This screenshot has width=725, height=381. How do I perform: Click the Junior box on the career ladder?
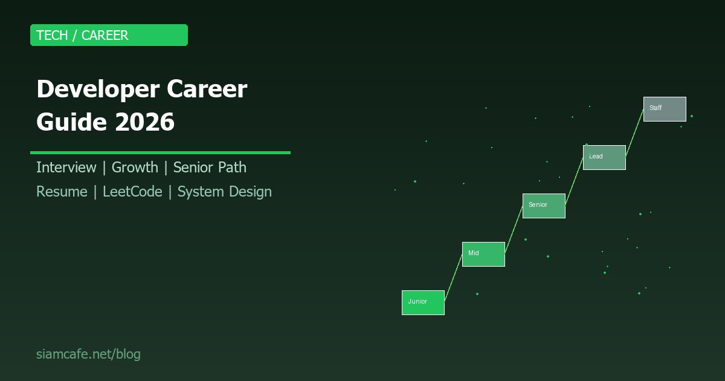coord(423,302)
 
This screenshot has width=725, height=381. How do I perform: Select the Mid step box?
coord(483,254)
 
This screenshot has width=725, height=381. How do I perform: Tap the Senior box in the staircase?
coord(544,206)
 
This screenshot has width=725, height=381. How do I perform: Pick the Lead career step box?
coord(604,157)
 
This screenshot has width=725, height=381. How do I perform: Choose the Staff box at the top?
coord(665,109)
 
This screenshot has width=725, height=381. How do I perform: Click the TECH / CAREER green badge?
coord(109,35)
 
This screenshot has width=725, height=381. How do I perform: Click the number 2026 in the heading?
coord(144,123)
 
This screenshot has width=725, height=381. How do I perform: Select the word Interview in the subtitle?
coord(66,168)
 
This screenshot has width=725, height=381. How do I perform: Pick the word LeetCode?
coord(132,192)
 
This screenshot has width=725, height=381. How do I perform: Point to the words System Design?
coord(224,192)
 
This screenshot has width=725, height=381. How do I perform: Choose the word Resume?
coord(62,192)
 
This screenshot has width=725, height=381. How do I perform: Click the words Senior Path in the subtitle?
coord(210,168)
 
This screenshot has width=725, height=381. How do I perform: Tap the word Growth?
coord(135,168)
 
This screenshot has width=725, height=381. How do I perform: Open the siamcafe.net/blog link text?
coord(88,354)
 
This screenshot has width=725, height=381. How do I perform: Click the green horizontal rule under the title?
coord(160,152)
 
